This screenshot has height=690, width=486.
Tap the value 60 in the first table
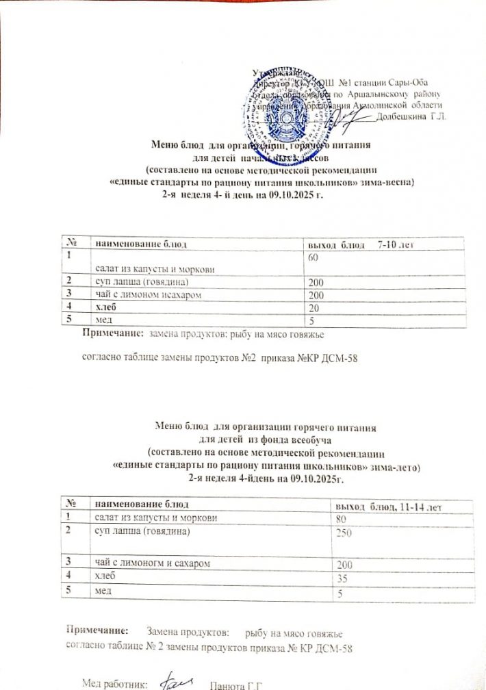point(313,259)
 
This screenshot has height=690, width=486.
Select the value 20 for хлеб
point(313,307)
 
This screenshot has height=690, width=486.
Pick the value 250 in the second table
point(341,533)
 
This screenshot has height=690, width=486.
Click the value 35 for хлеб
point(338,578)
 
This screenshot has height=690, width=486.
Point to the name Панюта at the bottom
point(227,683)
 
